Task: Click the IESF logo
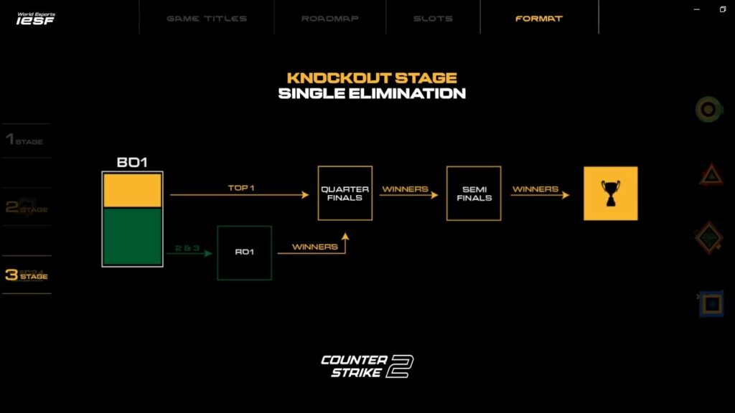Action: pos(36,17)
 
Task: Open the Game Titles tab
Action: pos(207,19)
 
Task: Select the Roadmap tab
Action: pos(329,19)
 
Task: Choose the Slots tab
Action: pos(433,19)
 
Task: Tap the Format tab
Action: pos(538,19)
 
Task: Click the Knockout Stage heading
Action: pos(372,78)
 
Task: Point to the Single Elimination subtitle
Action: pos(372,94)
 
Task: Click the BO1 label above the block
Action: pos(132,163)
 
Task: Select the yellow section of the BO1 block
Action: pos(133,191)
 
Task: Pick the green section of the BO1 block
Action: pos(133,237)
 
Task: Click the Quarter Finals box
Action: pos(345,193)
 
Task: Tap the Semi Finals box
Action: pos(474,193)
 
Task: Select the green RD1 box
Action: pos(244,252)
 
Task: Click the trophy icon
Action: pos(610,193)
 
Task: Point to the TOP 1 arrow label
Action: pos(241,188)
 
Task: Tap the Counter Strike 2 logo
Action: pos(367,366)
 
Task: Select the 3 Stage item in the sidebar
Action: pos(26,275)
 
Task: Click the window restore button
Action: pos(722,9)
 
